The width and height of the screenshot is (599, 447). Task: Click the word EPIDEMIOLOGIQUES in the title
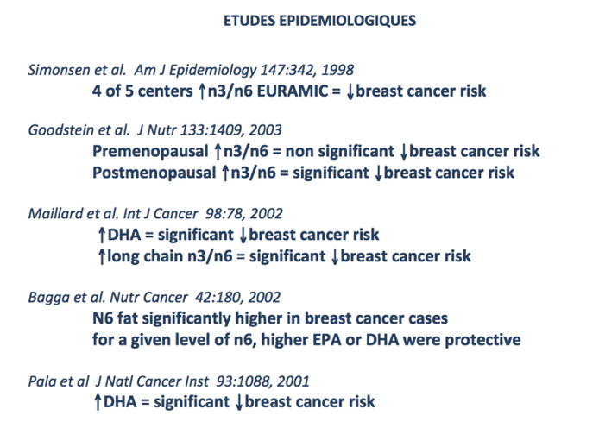tap(348, 21)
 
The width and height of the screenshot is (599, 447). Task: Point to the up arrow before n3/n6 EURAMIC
tap(202, 91)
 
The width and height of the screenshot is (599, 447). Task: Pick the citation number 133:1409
tap(211, 130)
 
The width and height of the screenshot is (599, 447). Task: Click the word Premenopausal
tap(150, 152)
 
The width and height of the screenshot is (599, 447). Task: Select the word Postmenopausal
tap(154, 173)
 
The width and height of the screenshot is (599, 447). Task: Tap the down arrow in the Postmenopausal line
tap(379, 173)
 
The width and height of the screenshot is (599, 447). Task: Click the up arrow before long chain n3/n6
tap(101, 256)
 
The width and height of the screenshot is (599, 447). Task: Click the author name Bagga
tap(49, 298)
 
